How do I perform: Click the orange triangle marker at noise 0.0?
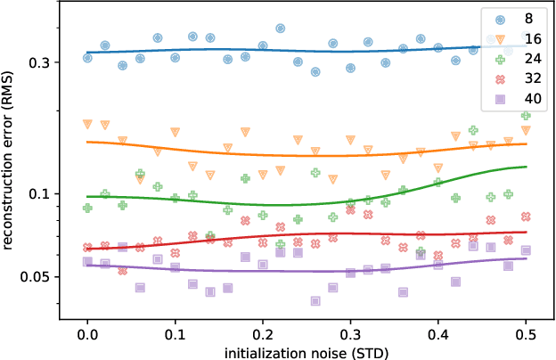tap(87, 125)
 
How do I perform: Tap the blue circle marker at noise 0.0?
tap(87, 58)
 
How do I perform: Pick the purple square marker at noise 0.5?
tap(526, 250)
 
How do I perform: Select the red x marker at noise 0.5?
tap(526, 217)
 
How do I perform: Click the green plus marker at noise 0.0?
tap(87, 208)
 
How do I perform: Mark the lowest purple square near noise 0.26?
tap(315, 301)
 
